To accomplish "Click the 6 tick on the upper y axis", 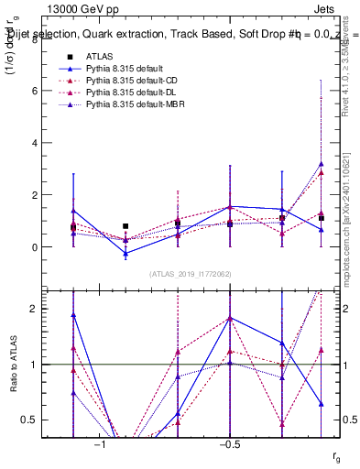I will pos(35,91).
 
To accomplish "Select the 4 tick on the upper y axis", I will pos(35,143).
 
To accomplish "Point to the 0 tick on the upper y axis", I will pos(35,247).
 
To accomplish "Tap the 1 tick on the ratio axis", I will pos(35,365).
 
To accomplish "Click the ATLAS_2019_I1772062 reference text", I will pos(190,274).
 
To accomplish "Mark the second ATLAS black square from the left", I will pos(125,225).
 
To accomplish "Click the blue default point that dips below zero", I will pos(125,253).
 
